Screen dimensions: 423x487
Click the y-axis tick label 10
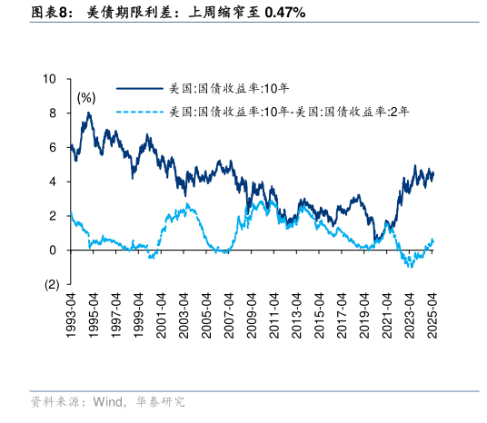[51, 79]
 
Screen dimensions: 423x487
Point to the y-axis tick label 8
[54, 113]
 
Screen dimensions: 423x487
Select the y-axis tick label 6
[54, 147]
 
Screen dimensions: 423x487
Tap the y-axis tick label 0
[54, 250]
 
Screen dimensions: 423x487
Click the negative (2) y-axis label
[51, 284]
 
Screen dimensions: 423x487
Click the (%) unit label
[86, 97]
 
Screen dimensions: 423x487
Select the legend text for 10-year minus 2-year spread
[289, 113]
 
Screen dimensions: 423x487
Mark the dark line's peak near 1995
[88, 113]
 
